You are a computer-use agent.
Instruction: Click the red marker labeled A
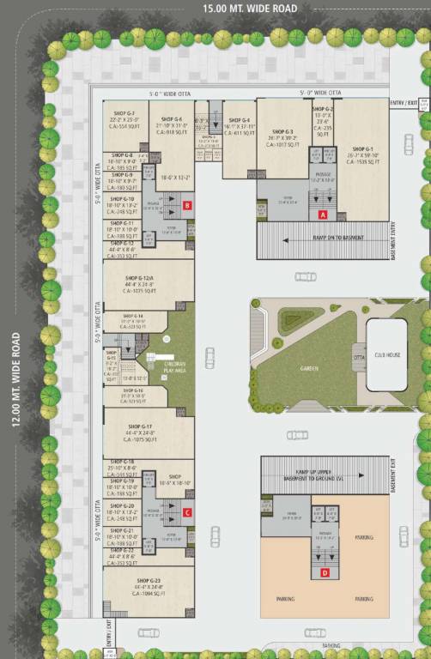coord(323,215)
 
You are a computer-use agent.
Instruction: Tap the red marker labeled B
coord(186,205)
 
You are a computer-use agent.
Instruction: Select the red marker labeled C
coord(186,513)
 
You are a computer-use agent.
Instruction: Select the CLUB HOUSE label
coord(388,354)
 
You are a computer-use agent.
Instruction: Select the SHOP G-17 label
coord(140,426)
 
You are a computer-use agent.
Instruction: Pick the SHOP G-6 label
coord(172,118)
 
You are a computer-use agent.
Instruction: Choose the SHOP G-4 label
coord(240,120)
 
